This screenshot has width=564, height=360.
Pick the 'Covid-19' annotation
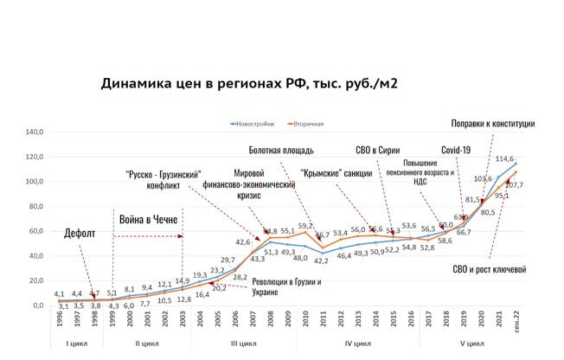(x=455, y=149)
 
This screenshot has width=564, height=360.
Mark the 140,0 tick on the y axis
(x=34, y=132)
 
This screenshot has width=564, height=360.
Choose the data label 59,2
(x=304, y=226)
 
